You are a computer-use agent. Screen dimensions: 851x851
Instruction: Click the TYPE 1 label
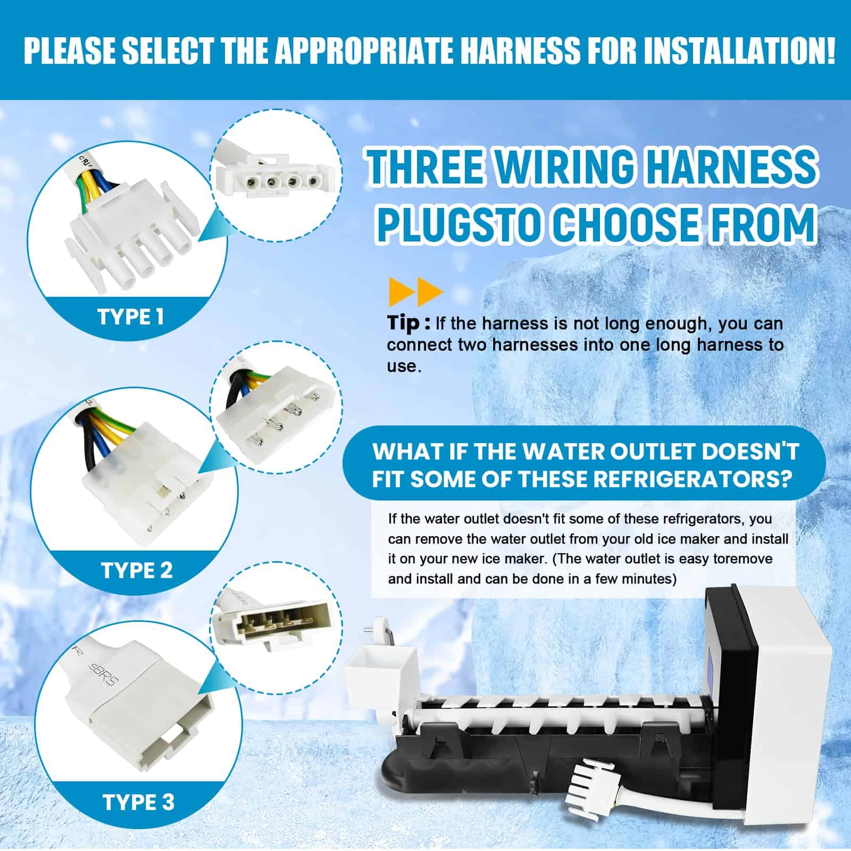tap(130, 317)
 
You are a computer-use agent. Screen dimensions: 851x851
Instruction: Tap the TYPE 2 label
tap(137, 571)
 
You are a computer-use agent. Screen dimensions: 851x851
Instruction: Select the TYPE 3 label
tap(138, 802)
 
